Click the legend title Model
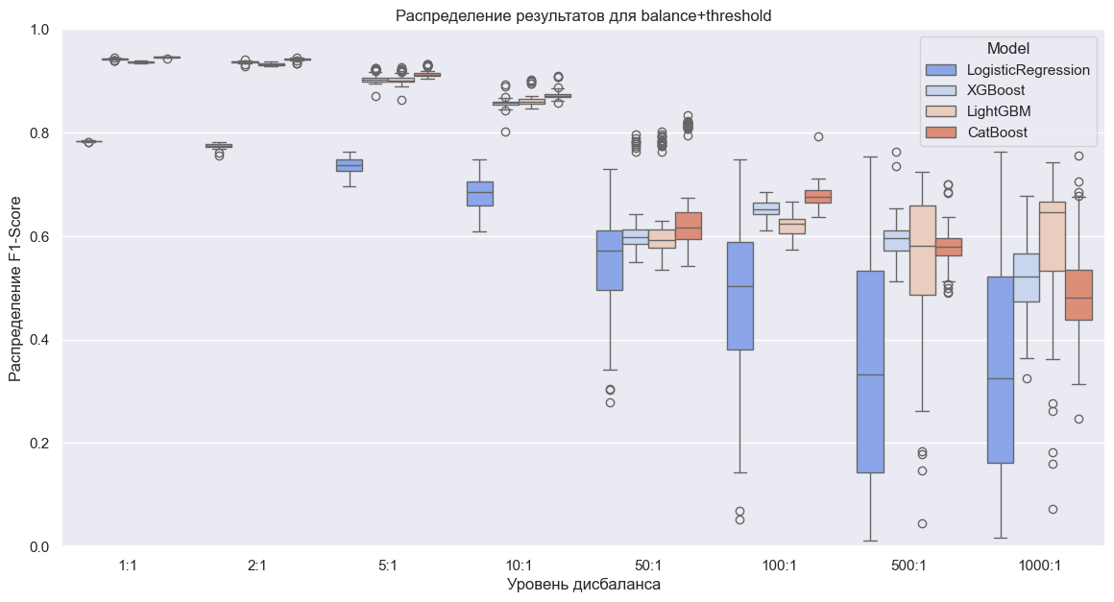[1007, 48]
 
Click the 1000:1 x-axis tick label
[1039, 566]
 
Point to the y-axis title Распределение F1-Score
[15, 288]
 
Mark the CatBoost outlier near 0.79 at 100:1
[818, 137]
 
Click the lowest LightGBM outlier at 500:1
[922, 524]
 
